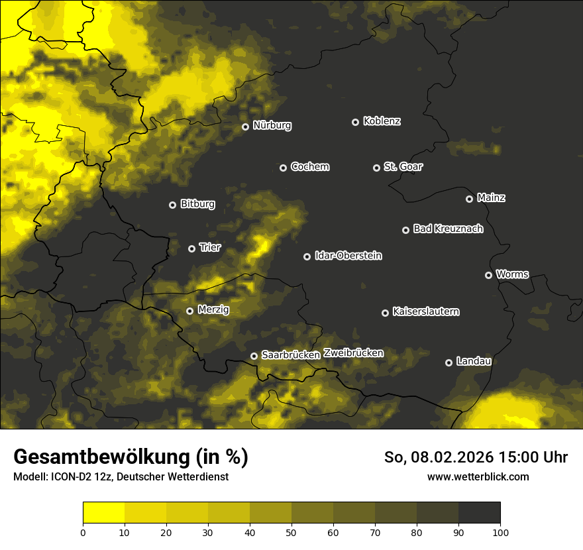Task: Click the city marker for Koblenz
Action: pos(355,122)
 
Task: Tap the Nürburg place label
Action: pos(272,125)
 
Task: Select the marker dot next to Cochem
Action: pos(283,168)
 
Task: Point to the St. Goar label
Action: pos(403,166)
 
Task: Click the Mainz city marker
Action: pos(469,199)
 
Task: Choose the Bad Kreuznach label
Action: pos(448,229)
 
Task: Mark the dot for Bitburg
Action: pos(172,205)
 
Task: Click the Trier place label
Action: pos(210,247)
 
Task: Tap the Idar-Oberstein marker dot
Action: pos(307,256)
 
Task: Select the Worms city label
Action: pos(512,274)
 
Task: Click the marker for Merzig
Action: pos(189,311)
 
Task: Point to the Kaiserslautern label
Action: pos(425,311)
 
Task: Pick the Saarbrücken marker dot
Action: pos(254,356)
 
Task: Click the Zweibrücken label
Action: pos(353,353)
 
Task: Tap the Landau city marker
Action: pos(449,362)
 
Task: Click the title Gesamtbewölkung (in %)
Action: pos(131,457)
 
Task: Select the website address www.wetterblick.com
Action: pos(478,476)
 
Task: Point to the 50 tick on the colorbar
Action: pos(291,531)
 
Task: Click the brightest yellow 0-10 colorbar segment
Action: pos(103,513)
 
